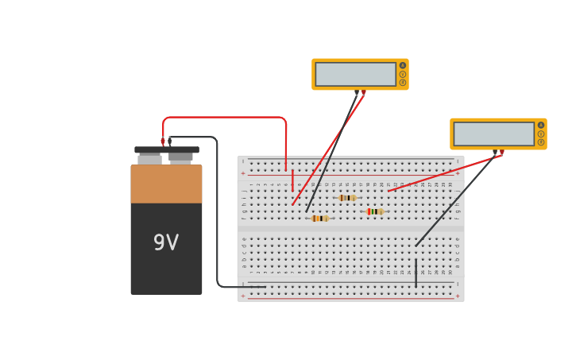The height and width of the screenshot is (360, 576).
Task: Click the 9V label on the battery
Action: [x=166, y=243]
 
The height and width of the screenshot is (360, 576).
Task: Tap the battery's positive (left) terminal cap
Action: [x=149, y=159]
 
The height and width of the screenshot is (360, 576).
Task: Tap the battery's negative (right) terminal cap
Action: [x=181, y=157]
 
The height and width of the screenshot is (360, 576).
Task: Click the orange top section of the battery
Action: [x=166, y=184]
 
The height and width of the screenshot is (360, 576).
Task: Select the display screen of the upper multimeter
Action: [x=355, y=74]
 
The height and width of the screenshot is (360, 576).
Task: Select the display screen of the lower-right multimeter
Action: [x=493, y=134]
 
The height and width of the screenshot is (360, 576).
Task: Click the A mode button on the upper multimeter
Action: [x=403, y=65]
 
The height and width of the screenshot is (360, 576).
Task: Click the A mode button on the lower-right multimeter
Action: [x=541, y=125]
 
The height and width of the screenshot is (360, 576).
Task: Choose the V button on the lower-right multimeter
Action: [x=541, y=134]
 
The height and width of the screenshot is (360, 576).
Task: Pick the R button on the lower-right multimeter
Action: [x=541, y=142]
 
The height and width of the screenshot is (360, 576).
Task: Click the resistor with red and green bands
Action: [x=374, y=211]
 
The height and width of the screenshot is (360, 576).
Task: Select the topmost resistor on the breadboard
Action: [x=347, y=198]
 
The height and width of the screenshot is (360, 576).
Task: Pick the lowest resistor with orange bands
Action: [x=319, y=219]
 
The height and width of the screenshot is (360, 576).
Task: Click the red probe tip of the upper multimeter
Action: [x=364, y=93]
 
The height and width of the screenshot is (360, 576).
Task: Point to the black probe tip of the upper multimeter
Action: [x=357, y=93]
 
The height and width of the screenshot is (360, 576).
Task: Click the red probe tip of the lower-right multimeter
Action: [x=501, y=153]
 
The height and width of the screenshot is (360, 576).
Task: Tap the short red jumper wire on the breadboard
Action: [x=292, y=180]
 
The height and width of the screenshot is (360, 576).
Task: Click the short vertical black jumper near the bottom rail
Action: [x=416, y=272]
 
